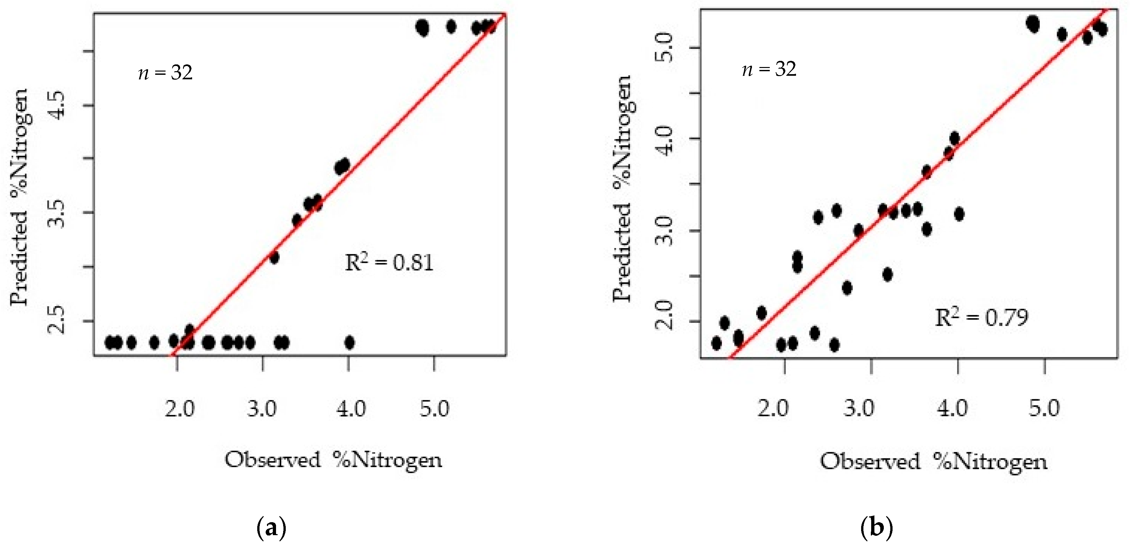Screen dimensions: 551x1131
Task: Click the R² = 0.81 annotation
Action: pyautogui.click(x=389, y=263)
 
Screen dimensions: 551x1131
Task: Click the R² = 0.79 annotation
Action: pyautogui.click(x=981, y=318)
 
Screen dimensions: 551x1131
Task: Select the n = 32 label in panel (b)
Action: pyautogui.click(x=769, y=69)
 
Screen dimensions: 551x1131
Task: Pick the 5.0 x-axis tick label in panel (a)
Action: pyautogui.click(x=434, y=409)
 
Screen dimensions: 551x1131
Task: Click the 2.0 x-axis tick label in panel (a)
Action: pyautogui.click(x=179, y=409)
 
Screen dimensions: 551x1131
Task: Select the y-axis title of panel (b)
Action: pyautogui.click(x=622, y=189)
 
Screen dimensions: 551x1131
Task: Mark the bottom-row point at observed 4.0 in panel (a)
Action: pyautogui.click(x=350, y=342)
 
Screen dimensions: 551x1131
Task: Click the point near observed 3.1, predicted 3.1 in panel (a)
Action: pyautogui.click(x=274, y=257)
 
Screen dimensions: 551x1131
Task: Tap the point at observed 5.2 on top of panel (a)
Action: pyautogui.click(x=451, y=27)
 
